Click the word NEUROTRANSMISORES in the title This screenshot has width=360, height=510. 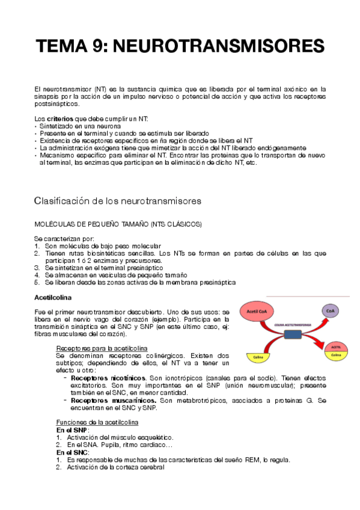[x=219, y=46]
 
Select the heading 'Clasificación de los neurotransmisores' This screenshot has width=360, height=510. [x=117, y=200]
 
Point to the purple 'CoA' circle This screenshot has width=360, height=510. [x=329, y=310]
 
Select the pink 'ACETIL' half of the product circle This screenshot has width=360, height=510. [x=336, y=347]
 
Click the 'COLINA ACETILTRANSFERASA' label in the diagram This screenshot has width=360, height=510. [x=292, y=324]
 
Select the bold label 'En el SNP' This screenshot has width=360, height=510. [x=72, y=430]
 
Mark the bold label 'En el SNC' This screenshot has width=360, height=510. [x=73, y=452]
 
